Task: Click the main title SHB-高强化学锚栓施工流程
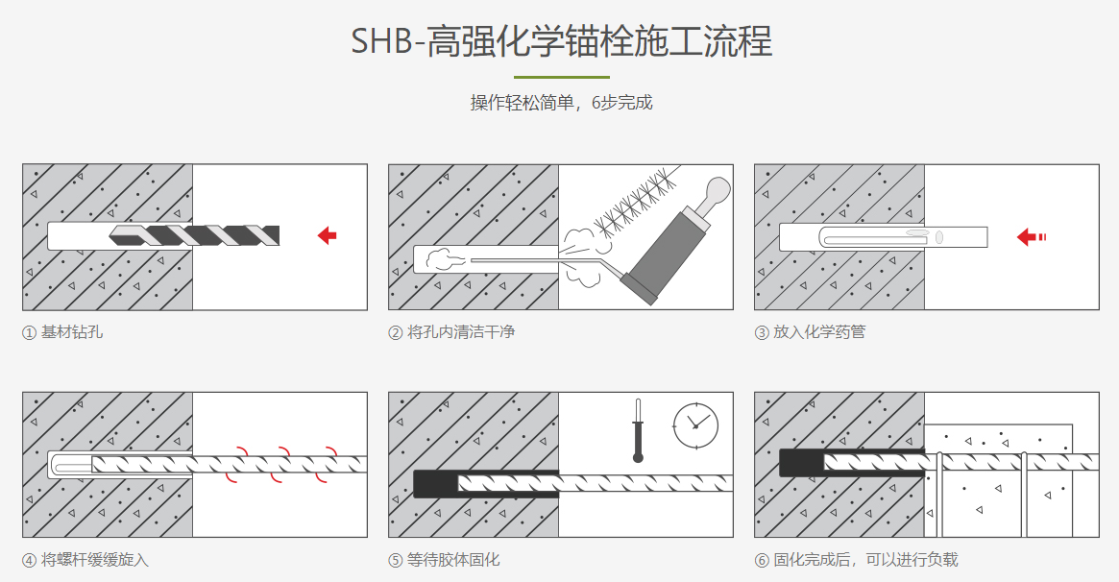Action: pyautogui.click(x=561, y=43)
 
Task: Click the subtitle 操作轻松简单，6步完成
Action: pyautogui.click(x=561, y=103)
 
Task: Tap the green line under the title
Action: pyautogui.click(x=561, y=77)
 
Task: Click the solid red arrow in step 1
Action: pyautogui.click(x=327, y=235)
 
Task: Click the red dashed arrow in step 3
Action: pyautogui.click(x=1031, y=236)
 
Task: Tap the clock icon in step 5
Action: pyautogui.click(x=695, y=424)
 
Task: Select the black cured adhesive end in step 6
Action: pyautogui.click(x=801, y=463)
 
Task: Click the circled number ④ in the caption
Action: pyautogui.click(x=30, y=560)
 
